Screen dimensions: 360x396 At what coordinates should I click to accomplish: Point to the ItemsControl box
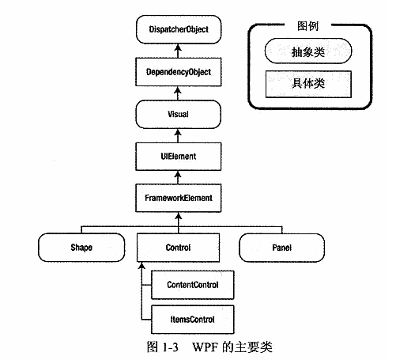click(189, 319)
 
